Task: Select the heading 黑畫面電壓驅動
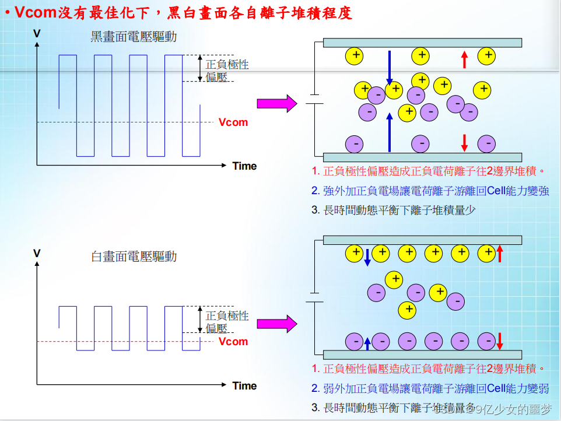click(x=134, y=37)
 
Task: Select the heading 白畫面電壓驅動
click(x=134, y=256)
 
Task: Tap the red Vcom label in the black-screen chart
click(x=233, y=122)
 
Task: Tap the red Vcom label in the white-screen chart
click(x=233, y=342)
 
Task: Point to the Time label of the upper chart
click(x=244, y=166)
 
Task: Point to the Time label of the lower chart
click(x=244, y=385)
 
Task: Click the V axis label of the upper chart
click(x=37, y=34)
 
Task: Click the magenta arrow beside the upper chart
click(x=277, y=104)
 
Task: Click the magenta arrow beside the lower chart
click(x=277, y=323)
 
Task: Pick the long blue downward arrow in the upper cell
click(x=390, y=67)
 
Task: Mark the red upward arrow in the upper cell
click(x=464, y=59)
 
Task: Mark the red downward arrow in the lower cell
click(x=500, y=341)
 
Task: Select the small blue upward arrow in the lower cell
click(x=367, y=343)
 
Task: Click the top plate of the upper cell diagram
click(x=422, y=43)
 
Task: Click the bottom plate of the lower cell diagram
click(x=422, y=355)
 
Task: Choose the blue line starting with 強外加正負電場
click(x=430, y=191)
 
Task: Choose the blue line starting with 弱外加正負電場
click(x=430, y=388)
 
